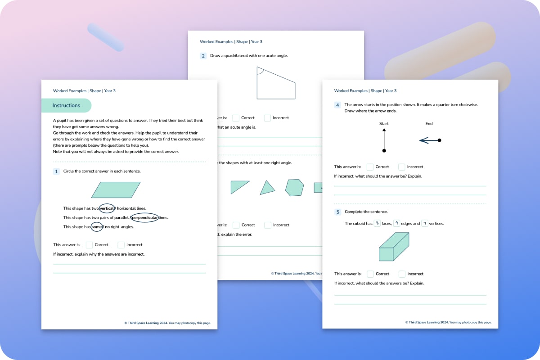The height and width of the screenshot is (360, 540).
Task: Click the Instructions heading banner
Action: (66, 105)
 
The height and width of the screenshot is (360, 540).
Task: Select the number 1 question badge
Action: (56, 171)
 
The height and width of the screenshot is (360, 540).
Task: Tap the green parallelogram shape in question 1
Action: (116, 189)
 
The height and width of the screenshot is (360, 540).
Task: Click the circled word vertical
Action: (107, 208)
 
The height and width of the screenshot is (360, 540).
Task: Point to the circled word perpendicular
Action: (144, 218)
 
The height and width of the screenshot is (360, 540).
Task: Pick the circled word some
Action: (97, 227)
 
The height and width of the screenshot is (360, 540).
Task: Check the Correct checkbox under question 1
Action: (89, 245)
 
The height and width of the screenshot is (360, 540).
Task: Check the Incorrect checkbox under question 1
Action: (121, 245)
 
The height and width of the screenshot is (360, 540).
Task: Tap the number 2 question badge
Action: (203, 56)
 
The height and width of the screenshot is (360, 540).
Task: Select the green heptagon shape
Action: (294, 187)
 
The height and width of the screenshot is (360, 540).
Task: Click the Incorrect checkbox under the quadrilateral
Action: (267, 118)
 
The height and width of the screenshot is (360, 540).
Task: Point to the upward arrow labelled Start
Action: (384, 139)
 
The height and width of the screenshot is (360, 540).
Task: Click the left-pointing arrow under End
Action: (430, 140)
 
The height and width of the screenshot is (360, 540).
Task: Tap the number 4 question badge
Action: (337, 105)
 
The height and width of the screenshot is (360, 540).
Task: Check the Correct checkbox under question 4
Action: (370, 167)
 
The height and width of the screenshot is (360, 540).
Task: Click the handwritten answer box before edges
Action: (396, 223)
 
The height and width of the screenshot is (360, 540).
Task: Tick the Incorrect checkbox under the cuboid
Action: (402, 274)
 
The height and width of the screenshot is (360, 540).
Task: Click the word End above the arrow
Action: (429, 123)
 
